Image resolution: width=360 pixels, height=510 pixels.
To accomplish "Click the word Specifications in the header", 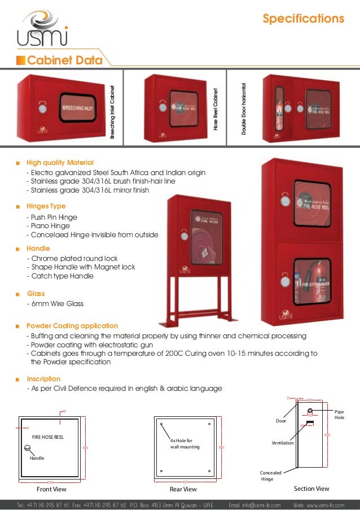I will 303,19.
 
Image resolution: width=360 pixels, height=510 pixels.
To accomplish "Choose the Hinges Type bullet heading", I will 46,206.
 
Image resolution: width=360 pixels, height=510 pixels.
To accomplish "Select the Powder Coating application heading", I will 72,326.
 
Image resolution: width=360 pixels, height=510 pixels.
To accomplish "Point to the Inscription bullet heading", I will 43,379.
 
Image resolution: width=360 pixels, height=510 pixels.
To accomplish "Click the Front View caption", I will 51,489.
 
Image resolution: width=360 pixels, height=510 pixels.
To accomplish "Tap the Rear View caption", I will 183,489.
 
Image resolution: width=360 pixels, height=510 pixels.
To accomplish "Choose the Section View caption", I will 312,488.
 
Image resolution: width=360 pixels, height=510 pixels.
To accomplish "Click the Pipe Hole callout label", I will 339,415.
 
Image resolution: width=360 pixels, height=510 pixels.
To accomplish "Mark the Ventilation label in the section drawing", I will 282,443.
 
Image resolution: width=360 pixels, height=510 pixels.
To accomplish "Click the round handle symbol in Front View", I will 27,448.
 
